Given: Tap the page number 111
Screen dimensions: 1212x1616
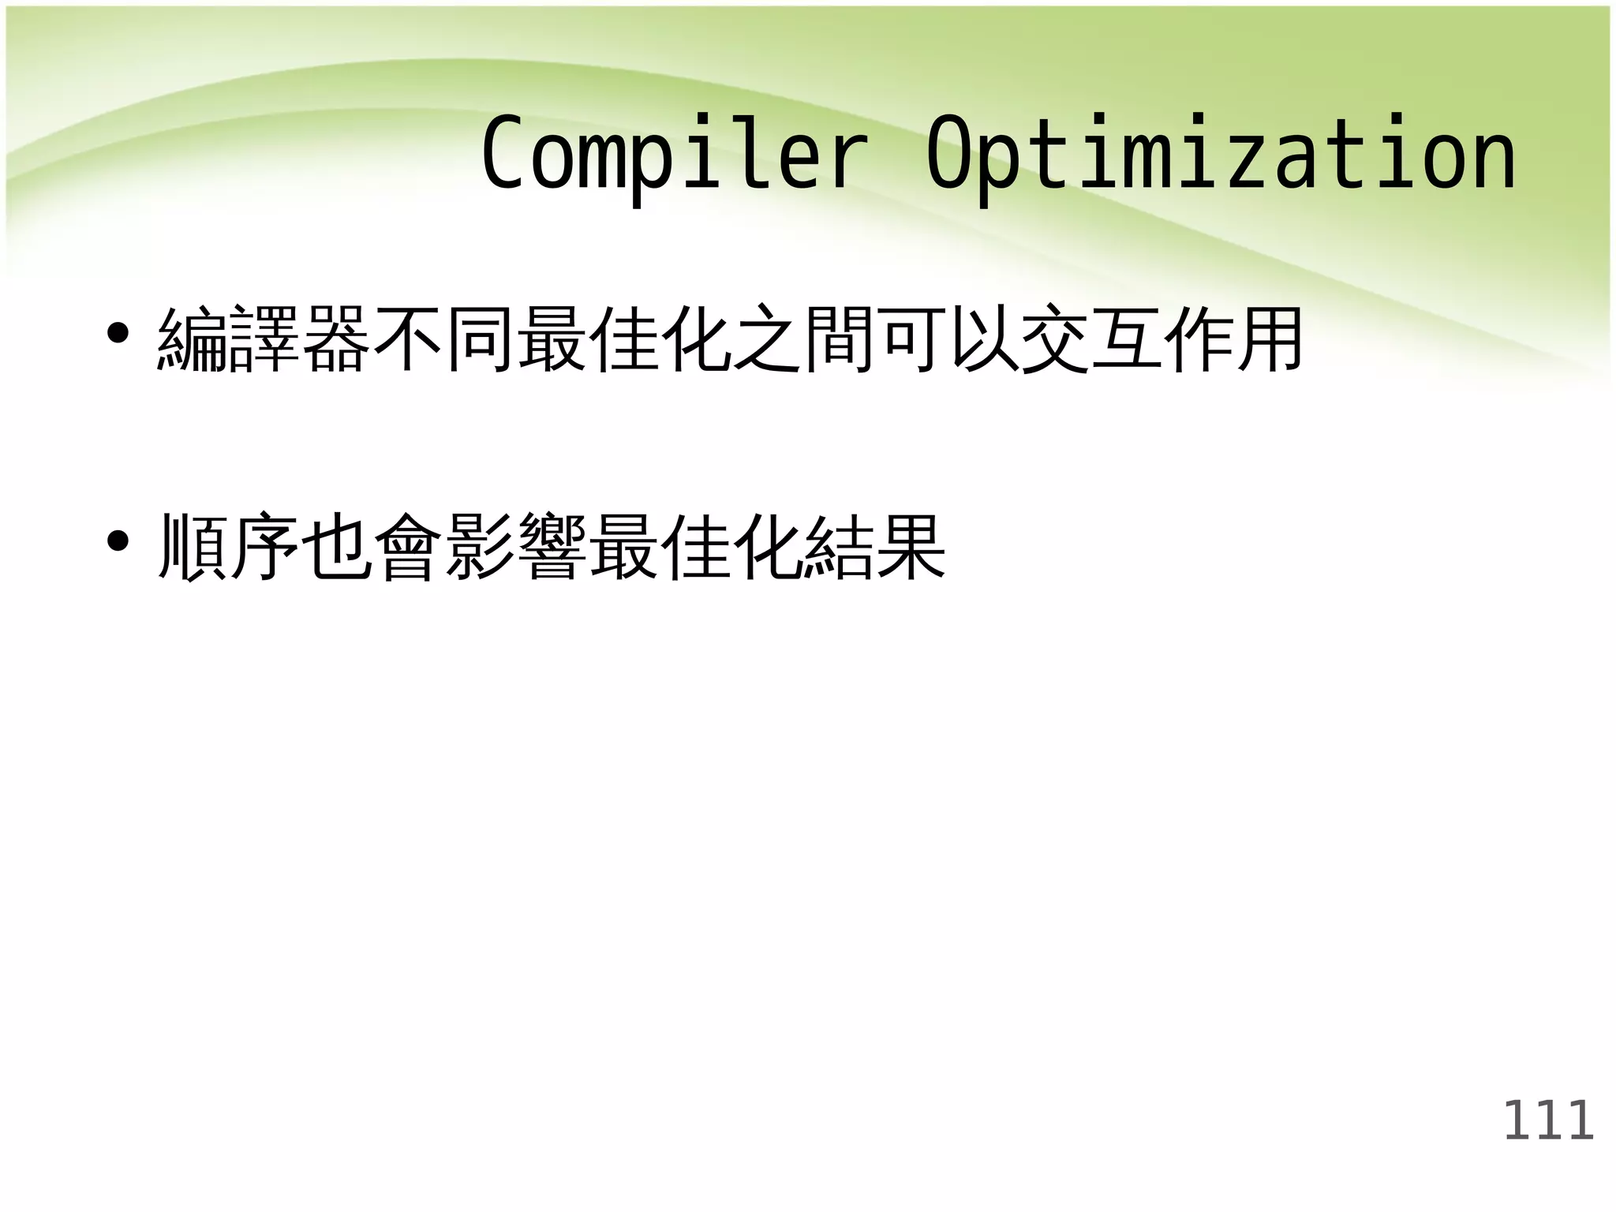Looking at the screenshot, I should tap(1548, 1120).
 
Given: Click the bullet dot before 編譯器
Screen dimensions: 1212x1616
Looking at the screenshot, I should tap(118, 334).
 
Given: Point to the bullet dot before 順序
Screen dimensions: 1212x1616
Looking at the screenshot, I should tap(118, 542).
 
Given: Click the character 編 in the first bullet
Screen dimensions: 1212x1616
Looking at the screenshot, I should tap(193, 340).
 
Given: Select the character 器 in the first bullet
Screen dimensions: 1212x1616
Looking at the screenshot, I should tap(336, 340).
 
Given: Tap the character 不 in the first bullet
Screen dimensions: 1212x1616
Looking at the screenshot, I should tap(408, 340).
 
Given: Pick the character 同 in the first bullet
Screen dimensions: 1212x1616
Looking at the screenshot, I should tap(480, 340).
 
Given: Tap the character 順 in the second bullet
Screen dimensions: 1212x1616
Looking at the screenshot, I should tap(193, 548).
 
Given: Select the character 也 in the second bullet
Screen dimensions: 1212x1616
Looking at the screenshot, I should tap(336, 548).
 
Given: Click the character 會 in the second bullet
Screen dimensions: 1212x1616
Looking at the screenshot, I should tap(408, 548).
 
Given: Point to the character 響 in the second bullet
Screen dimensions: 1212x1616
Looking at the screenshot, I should tap(552, 548).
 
